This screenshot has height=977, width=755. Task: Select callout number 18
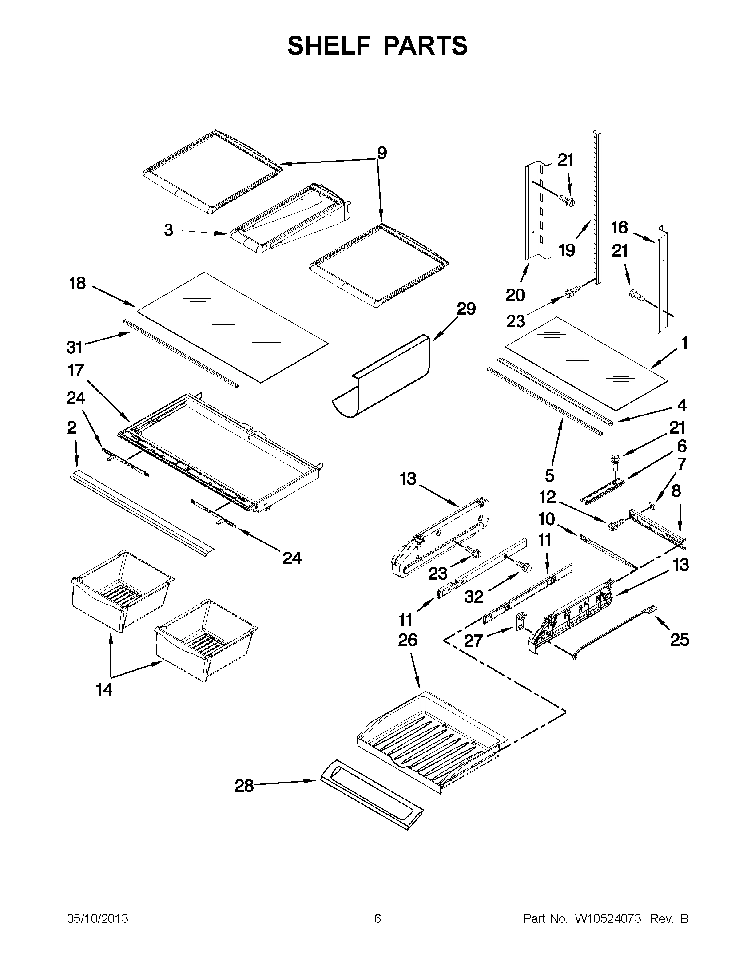(x=77, y=284)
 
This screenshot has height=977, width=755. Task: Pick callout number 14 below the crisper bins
(x=104, y=689)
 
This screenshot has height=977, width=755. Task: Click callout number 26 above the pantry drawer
(x=407, y=640)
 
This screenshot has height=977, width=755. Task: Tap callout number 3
(x=168, y=230)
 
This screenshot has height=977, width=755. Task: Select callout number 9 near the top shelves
(x=381, y=153)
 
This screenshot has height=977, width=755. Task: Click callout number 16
(x=620, y=228)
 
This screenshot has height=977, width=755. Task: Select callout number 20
(x=515, y=295)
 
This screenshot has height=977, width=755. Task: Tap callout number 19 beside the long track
(x=567, y=250)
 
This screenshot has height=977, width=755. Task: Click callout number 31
(x=75, y=347)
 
